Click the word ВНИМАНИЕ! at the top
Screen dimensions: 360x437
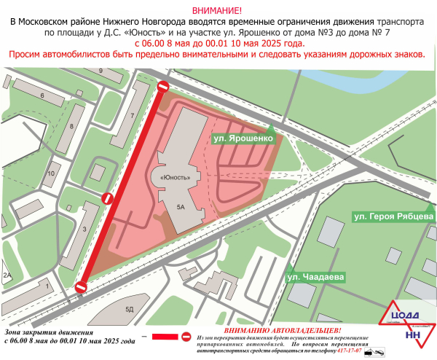pos(218,9)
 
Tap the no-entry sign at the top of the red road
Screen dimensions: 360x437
pos(163,87)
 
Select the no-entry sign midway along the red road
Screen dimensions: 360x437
pos(107,197)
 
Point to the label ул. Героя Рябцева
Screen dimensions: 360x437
pos(393,216)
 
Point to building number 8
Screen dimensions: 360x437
pos(71,126)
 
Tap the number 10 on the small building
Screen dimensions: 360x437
pos(51,173)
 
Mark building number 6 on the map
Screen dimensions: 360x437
pos(43,95)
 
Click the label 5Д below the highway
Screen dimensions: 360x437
pos(130,310)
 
